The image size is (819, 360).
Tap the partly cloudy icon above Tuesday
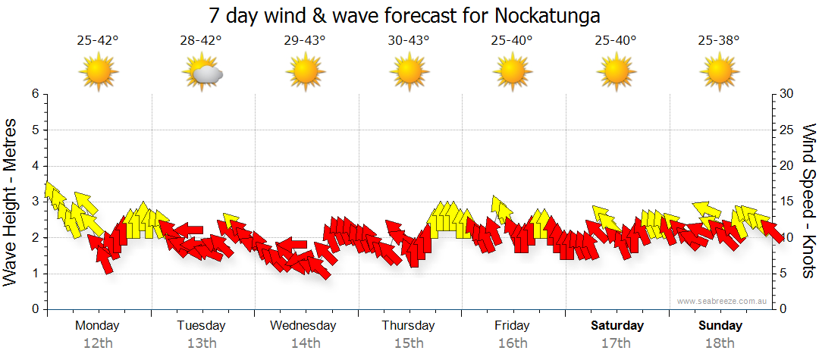(202, 73)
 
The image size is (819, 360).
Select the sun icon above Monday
(99, 73)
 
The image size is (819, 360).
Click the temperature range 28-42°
(201, 41)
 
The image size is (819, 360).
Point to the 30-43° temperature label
(409, 41)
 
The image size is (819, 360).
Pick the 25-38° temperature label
(720, 41)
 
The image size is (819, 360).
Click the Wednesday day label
(303, 326)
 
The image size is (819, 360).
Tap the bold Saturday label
(617, 326)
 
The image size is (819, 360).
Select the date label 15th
(409, 343)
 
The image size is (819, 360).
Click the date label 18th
(720, 343)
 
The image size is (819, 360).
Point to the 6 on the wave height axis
(34, 94)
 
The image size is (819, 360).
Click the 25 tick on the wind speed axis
(786, 130)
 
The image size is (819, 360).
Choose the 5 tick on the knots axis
(783, 274)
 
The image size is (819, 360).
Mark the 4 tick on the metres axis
(34, 166)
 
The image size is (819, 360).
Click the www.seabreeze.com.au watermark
(723, 301)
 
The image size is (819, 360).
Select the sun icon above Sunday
(720, 73)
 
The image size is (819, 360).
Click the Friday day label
(513, 326)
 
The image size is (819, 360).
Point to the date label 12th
(98, 343)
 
